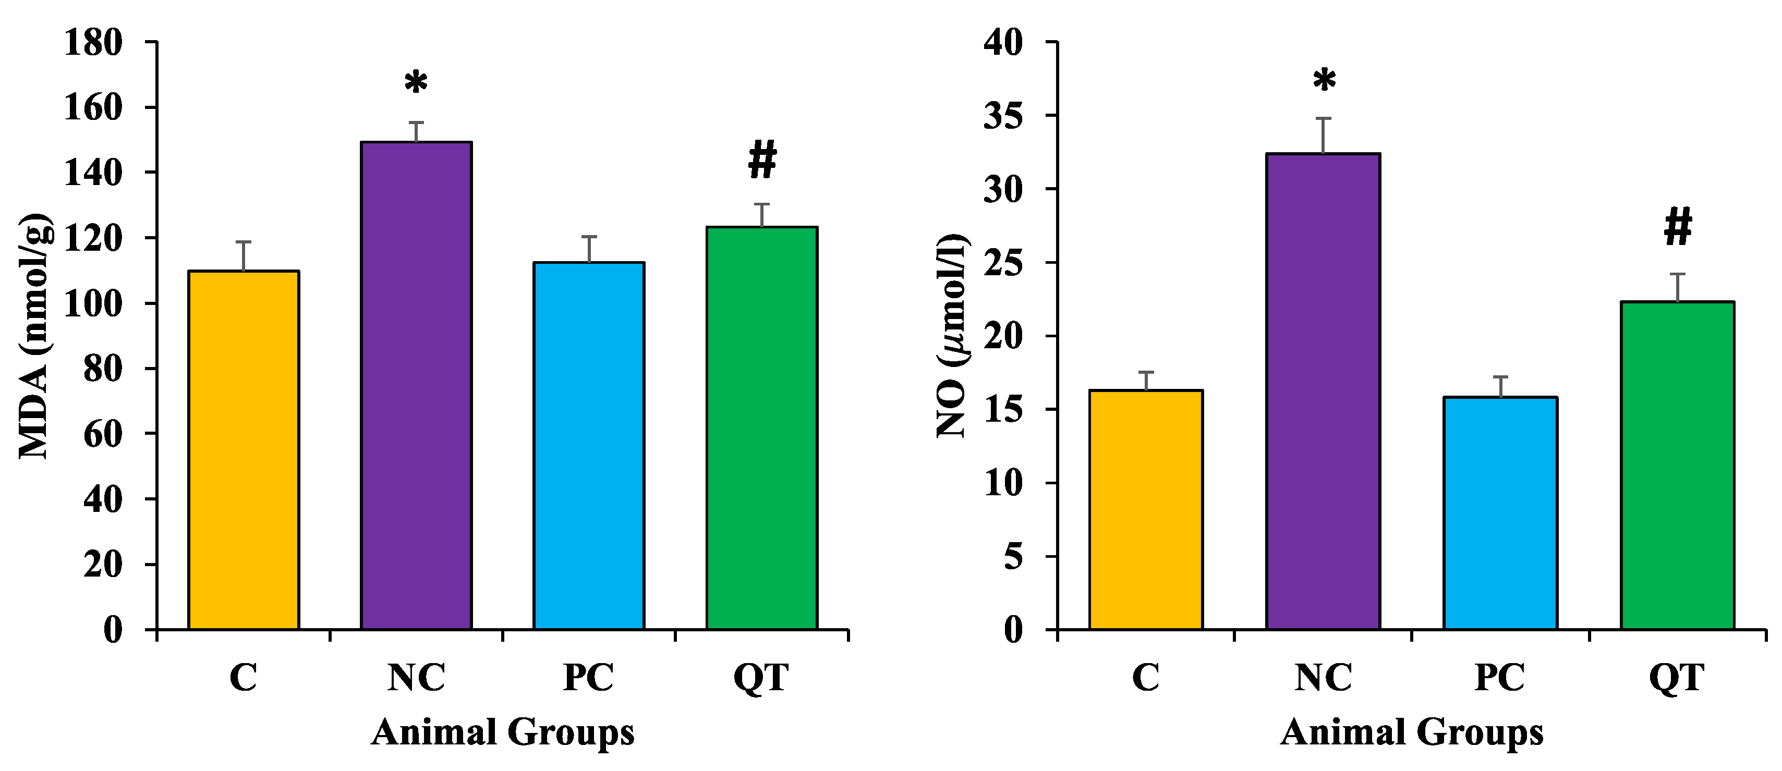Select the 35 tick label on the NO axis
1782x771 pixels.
1002,116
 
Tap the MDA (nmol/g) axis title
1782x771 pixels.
33,336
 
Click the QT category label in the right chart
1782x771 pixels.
1676,678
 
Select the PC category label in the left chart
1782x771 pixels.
588,678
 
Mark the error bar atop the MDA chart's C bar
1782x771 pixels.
244,256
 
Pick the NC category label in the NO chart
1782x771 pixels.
1323,678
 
